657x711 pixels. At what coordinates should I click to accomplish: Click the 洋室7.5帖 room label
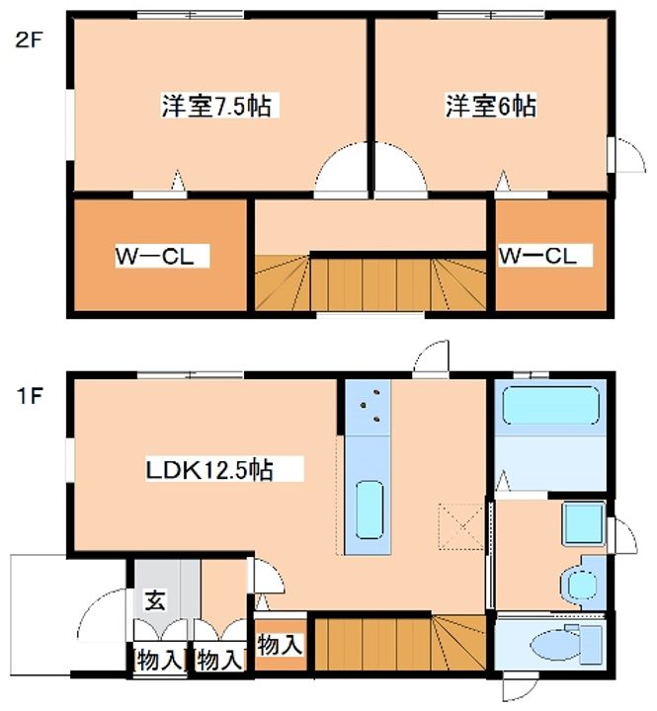point(217,106)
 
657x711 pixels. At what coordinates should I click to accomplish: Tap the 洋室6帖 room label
point(490,106)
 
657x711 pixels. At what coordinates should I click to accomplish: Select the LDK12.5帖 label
point(209,470)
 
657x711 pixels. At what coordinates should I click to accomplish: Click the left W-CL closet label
point(155,256)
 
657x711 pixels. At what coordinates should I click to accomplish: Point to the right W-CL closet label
point(537,256)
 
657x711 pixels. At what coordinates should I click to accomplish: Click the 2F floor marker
point(28,40)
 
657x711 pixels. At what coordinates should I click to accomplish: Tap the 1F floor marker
point(30,397)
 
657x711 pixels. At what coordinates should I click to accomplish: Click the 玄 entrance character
point(155,600)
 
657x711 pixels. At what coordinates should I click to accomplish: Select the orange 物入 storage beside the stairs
point(280,644)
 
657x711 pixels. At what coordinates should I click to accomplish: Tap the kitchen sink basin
point(370,511)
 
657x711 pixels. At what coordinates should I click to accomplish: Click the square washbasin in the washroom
point(584,523)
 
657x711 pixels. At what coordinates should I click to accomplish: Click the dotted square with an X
point(462,526)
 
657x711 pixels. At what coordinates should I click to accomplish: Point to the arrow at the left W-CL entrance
point(178,180)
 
